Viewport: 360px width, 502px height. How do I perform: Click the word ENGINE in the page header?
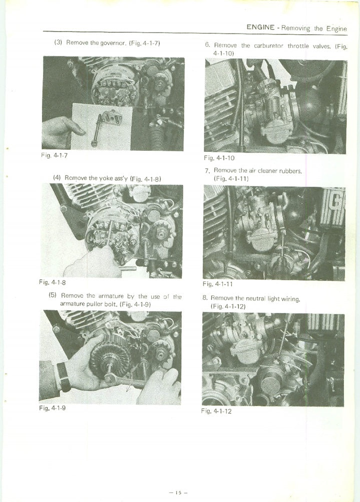pos(260,27)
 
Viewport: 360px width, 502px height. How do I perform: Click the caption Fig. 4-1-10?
pos(219,158)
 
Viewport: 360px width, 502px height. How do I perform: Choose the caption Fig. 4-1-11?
pos(218,284)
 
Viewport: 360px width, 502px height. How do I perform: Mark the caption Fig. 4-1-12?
pos(216,411)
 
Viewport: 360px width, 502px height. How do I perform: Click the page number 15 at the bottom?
pos(179,492)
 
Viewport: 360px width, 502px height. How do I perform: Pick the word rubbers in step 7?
pos(290,171)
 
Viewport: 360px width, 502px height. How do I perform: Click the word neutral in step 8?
pos(256,299)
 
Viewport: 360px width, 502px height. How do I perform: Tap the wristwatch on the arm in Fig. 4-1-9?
pos(63,377)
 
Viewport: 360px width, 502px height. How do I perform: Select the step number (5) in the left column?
pos(53,295)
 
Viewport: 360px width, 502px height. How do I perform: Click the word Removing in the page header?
pos(296,28)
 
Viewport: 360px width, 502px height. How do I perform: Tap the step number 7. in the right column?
pos(208,171)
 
